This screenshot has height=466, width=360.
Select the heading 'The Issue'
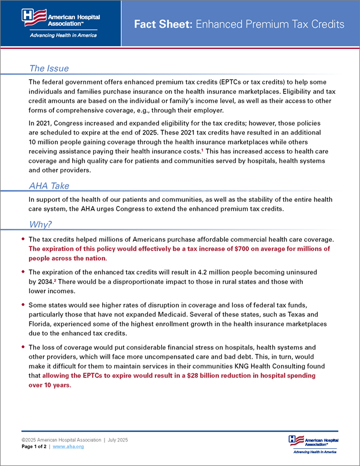pos(49,68)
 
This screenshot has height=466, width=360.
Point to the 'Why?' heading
pos(41,225)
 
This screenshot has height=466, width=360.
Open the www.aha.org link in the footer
pos(68,447)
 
